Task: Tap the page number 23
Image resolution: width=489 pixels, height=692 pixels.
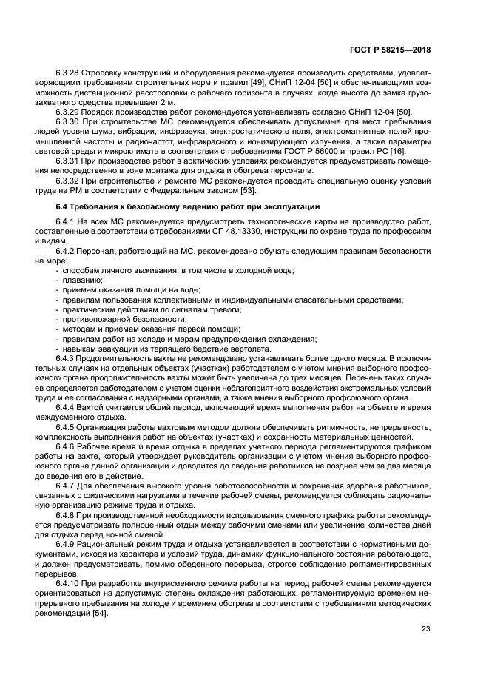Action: click(x=425, y=629)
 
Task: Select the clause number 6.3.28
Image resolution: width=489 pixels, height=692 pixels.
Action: click(x=68, y=74)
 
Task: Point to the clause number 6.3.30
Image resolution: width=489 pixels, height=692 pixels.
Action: click(x=68, y=121)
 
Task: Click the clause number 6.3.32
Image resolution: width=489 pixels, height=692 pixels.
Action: click(x=68, y=178)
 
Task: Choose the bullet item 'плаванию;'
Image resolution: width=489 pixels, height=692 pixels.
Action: click(x=82, y=281)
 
